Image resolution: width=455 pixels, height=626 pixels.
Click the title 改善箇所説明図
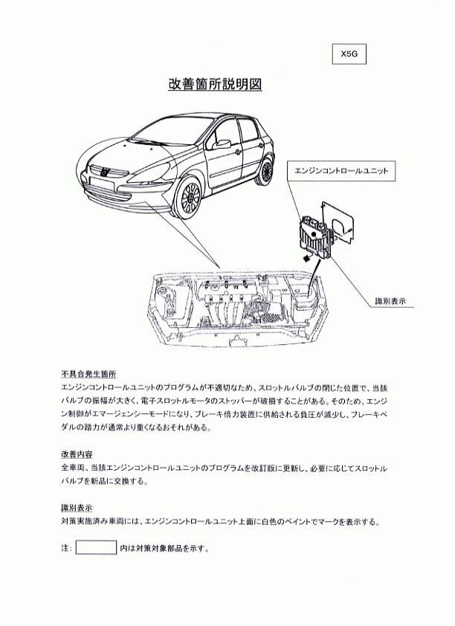215,84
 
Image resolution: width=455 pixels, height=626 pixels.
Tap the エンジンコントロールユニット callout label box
341,171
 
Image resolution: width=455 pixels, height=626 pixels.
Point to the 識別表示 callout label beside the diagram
390,301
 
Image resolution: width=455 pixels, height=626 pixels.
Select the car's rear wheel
266,171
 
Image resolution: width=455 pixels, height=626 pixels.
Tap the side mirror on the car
222,143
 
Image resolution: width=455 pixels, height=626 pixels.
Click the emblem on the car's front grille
106,172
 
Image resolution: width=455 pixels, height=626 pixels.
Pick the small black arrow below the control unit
306,258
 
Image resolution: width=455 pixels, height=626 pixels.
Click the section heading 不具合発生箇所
88,374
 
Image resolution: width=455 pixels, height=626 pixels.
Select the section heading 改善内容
77,454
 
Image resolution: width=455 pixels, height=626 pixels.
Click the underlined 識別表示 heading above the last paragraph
77,508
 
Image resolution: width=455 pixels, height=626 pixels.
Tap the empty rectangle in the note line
96,547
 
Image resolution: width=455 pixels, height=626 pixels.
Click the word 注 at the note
65,548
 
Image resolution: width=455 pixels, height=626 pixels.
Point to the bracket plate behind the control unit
338,222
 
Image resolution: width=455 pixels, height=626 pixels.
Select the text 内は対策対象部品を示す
164,548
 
